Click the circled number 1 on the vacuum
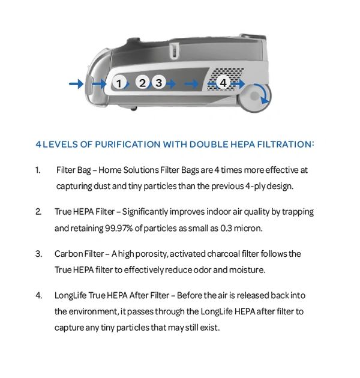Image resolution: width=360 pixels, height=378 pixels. (119, 83)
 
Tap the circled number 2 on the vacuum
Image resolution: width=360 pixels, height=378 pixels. (142, 82)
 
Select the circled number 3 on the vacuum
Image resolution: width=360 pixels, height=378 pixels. (158, 83)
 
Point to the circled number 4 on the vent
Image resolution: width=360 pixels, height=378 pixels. (223, 82)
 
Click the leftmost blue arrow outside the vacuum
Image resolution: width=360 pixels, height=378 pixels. (76, 84)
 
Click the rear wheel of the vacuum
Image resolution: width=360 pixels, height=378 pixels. (255, 97)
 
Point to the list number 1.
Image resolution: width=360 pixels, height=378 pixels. (38, 170)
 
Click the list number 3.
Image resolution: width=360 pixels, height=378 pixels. (38, 254)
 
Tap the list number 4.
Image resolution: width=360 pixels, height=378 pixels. (38, 295)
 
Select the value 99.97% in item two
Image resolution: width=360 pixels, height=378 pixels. (119, 228)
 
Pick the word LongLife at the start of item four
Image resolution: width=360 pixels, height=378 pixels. (71, 296)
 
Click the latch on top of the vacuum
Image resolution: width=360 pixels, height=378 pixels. (175, 51)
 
